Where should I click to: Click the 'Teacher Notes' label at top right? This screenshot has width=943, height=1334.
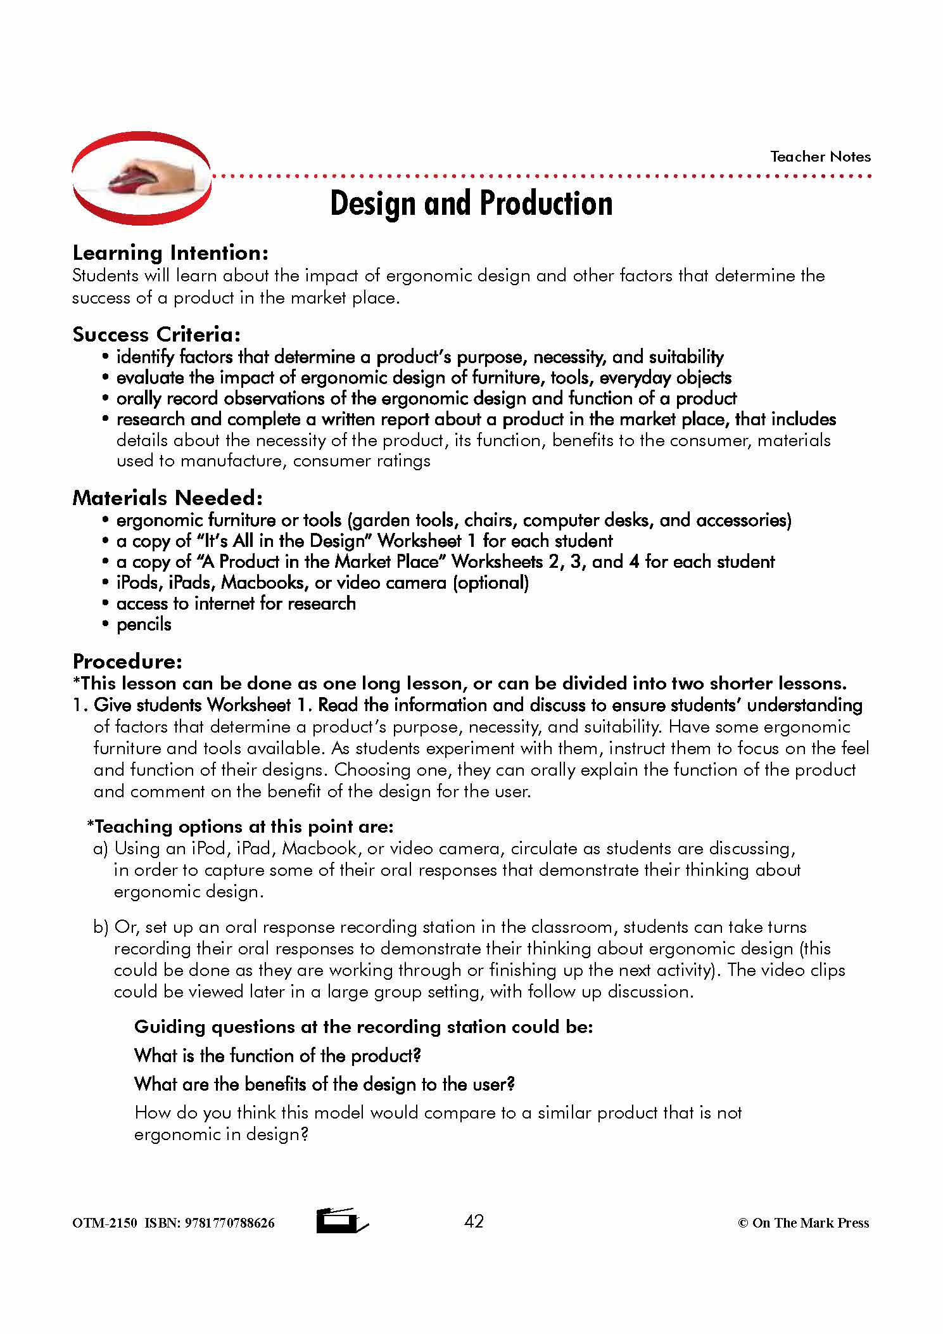click(820, 157)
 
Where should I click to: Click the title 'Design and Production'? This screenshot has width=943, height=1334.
click(471, 203)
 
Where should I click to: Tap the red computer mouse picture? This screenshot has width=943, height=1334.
click(141, 179)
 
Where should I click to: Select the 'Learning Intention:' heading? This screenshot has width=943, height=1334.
click(170, 253)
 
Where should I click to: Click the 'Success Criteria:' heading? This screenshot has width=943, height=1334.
click(156, 334)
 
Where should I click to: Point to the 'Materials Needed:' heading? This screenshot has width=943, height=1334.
click(167, 497)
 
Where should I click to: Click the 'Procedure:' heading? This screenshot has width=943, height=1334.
click(127, 661)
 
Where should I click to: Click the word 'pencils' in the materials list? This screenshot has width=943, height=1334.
click(144, 624)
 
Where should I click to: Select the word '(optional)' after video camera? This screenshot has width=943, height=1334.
click(491, 582)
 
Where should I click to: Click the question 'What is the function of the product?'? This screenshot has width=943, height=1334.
click(277, 1055)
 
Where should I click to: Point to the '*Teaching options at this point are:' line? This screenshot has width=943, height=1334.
click(240, 826)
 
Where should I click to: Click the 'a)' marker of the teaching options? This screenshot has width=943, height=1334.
click(101, 849)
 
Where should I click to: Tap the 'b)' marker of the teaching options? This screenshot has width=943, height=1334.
click(101, 927)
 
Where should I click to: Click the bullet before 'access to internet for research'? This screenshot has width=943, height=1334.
click(106, 604)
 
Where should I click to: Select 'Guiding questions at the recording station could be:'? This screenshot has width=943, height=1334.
click(364, 1027)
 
